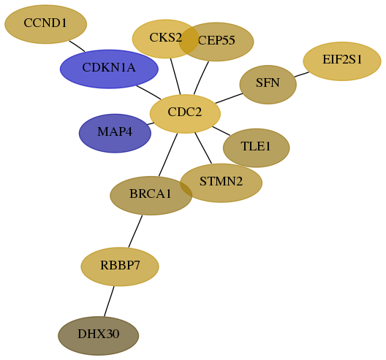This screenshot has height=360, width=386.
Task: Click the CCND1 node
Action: click(x=46, y=24)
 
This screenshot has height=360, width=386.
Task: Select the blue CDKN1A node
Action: click(x=109, y=69)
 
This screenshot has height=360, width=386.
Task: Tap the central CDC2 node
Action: click(x=185, y=114)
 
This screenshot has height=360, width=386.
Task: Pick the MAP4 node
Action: click(x=115, y=133)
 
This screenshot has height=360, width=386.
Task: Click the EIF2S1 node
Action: click(x=342, y=61)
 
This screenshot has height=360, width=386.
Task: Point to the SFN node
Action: click(x=268, y=85)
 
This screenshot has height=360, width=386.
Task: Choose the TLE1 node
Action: click(x=257, y=148)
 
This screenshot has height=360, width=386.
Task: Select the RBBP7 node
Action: click(x=120, y=267)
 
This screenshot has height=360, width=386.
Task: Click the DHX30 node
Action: click(x=99, y=336)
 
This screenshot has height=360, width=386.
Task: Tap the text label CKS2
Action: click(x=166, y=38)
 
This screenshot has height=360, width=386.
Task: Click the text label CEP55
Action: click(x=216, y=40)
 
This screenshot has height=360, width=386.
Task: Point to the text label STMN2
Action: click(x=221, y=182)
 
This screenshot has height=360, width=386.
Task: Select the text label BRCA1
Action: click(x=151, y=194)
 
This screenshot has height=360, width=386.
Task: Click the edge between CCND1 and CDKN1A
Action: click(x=77, y=46)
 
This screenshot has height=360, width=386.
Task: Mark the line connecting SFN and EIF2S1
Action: click(x=301, y=74)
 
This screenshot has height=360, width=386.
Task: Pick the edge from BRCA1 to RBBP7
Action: click(x=135, y=231)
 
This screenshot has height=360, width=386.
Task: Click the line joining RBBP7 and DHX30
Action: click(x=109, y=302)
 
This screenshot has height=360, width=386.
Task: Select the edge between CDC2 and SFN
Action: click(x=229, y=99)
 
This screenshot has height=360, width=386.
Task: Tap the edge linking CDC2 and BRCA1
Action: click(x=168, y=155)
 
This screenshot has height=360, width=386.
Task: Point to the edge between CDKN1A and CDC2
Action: click(x=148, y=93)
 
